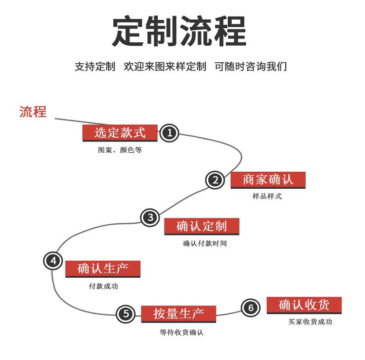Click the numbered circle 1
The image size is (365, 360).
[169, 133]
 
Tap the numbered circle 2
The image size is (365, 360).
[215, 180]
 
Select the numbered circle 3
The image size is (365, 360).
[150, 217]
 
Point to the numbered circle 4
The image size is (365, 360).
[53, 261]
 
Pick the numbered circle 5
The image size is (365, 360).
[126, 314]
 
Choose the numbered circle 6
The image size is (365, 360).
[251, 307]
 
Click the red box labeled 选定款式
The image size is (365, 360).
[120, 132]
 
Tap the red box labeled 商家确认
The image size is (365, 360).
[268, 180]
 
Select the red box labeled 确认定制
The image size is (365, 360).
[201, 226]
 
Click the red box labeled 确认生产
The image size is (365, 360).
[103, 269]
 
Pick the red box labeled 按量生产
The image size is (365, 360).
[178, 314]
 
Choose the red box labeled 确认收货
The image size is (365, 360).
[304, 305]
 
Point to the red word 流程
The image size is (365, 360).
[33, 111]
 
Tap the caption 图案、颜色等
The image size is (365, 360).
[120, 150]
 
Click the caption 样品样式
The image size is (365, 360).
[267, 197]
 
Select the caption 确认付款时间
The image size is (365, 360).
[205, 243]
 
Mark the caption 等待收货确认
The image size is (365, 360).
[182, 333]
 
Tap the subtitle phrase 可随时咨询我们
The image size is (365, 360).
[251, 67]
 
